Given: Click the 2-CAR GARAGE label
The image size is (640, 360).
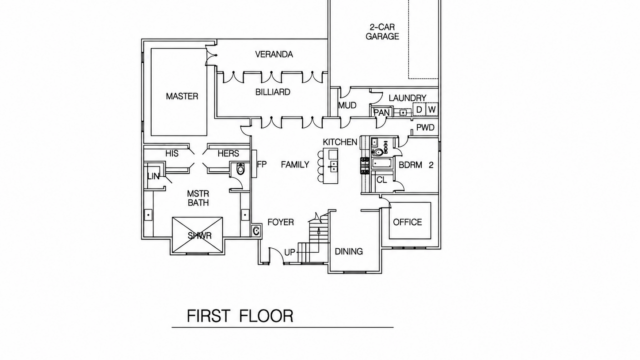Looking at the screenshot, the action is pos(382,32).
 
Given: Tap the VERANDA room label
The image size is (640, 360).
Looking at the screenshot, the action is pos(274,54).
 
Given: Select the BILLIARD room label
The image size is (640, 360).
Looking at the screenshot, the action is pos(273,92).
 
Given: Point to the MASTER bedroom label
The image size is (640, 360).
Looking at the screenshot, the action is pos(182,96).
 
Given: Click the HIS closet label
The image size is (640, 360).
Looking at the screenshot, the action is pos(172,153).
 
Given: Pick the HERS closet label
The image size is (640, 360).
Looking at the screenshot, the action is pos(228,153).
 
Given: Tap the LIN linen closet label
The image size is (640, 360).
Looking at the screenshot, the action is pos(153,176).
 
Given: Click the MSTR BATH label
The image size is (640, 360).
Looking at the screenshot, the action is pos(198,198).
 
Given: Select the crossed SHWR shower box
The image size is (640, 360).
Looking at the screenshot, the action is pos(198,235).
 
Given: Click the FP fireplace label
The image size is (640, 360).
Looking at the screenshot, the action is pos(261,164).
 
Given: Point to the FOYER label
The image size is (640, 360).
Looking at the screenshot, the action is pos(280,222).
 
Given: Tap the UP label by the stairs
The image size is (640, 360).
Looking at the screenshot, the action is pos(289,253).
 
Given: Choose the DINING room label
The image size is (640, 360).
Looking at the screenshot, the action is pos(349,251).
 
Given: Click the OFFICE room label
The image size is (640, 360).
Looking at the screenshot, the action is pos(407,222).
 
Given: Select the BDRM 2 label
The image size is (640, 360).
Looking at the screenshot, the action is pos(416,165).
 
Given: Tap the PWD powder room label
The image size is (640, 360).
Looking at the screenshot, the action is pos(425,128).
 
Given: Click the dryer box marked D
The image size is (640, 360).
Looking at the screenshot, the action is pos(419,109).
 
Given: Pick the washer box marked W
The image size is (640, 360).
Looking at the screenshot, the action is pos(432,109).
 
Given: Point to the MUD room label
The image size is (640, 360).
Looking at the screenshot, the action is pos(347,106).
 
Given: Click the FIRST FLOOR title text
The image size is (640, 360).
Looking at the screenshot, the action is pos(240,316).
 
